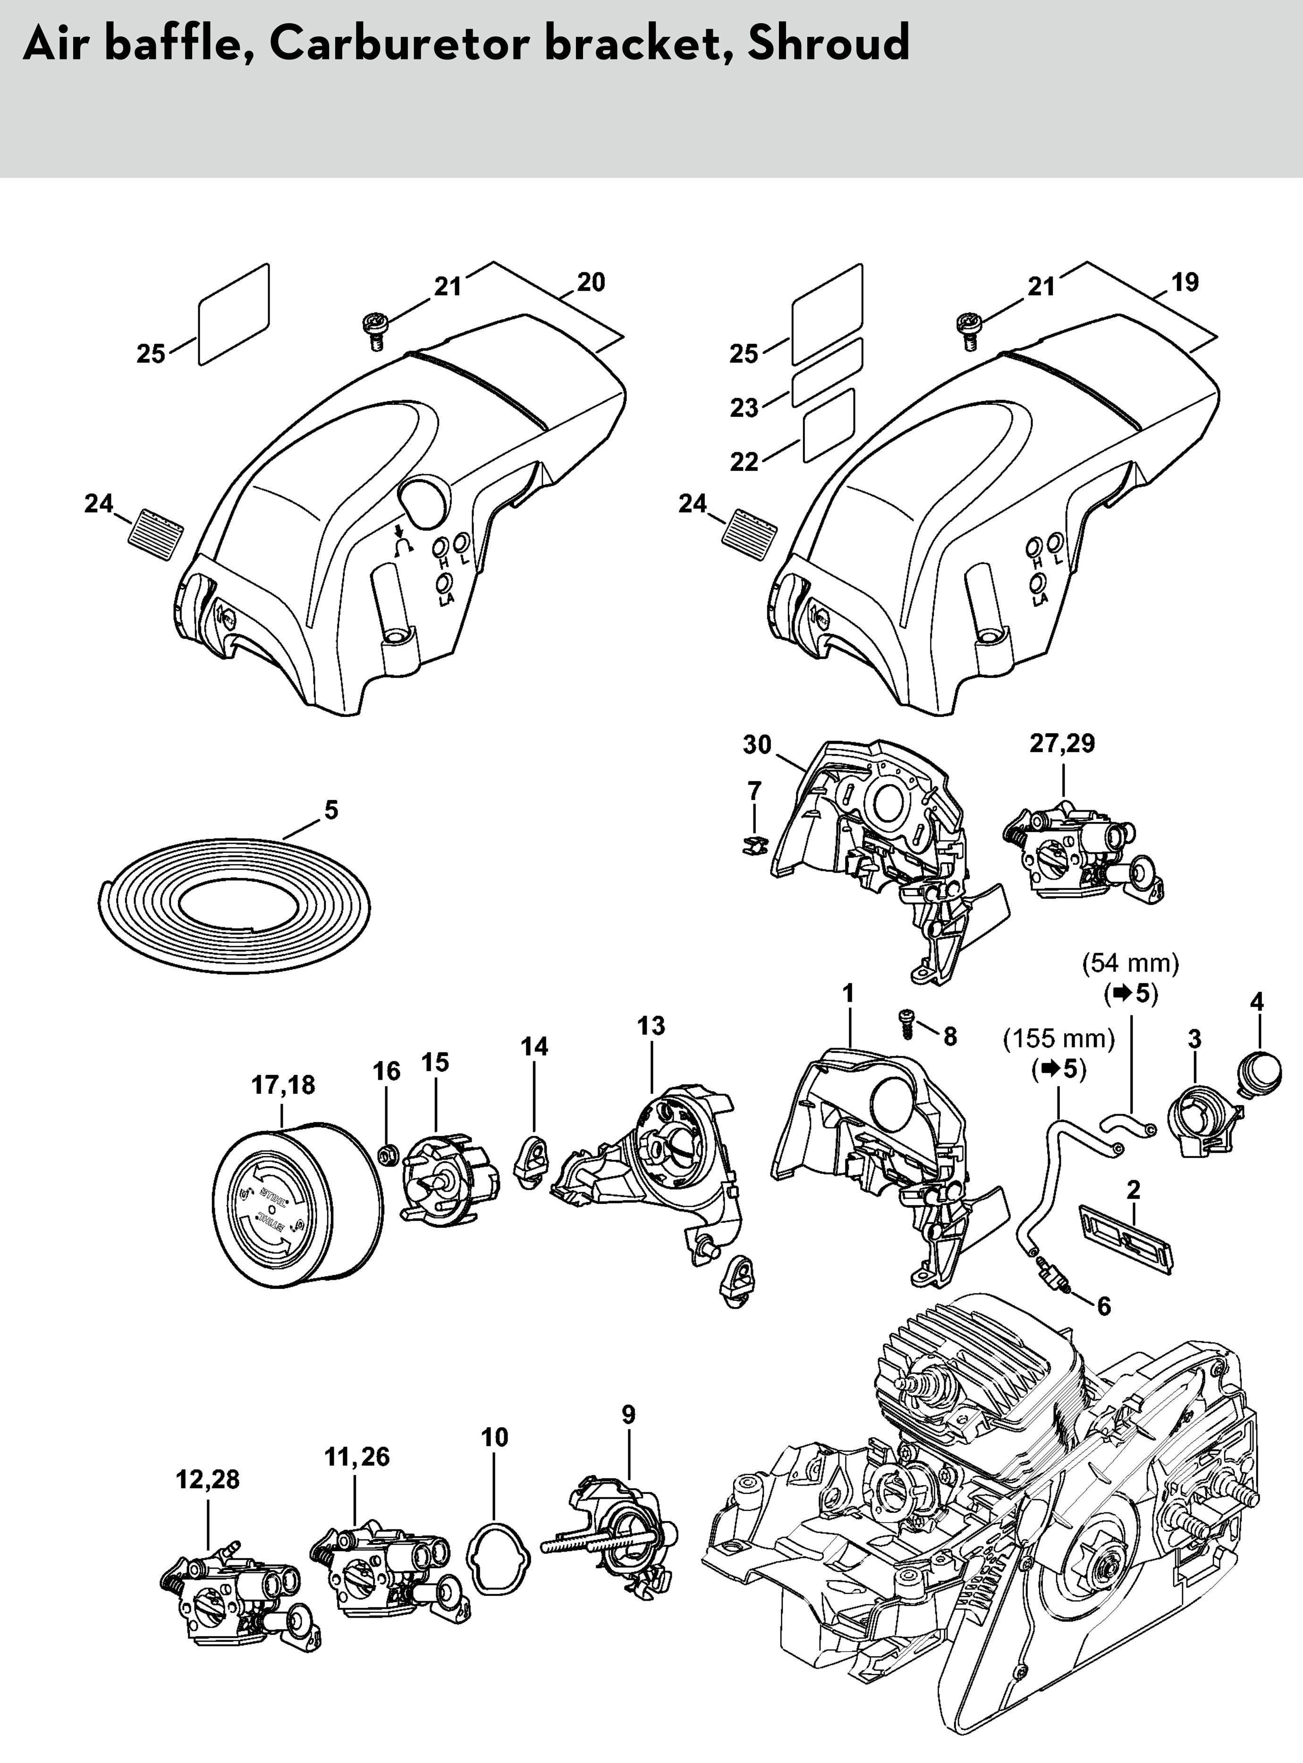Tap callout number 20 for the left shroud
[x=591, y=282]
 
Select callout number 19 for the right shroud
[x=1184, y=282]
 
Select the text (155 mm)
[x=1058, y=1039]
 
